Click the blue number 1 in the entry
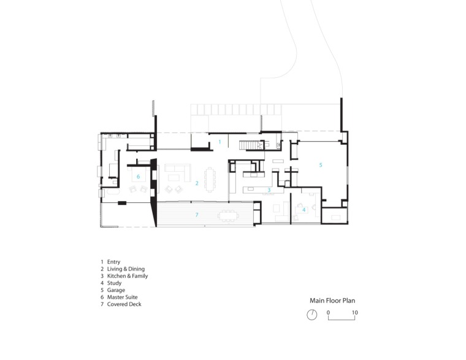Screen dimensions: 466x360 coord(220,142)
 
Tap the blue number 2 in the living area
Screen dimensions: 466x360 coord(197,183)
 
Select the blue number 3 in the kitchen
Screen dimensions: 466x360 coord(269,190)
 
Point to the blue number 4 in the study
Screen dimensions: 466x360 coord(304,210)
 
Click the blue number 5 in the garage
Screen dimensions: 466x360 coord(320,165)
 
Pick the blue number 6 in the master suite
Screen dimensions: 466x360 coord(138,177)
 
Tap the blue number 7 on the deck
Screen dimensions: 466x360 coord(197,215)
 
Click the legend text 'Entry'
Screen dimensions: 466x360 coord(113,262)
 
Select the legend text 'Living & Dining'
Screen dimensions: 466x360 coord(126,269)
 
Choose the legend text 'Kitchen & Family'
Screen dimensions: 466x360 coord(128,276)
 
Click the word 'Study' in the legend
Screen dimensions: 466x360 coord(114,283)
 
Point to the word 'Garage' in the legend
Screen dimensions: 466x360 coord(116,290)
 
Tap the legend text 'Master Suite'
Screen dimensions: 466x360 coord(122,297)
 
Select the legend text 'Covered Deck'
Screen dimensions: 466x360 coord(124,304)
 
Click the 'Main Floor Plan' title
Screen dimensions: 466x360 coord(332,301)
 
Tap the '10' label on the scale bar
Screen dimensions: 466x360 coord(355,313)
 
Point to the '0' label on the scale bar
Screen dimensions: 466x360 coord(328,313)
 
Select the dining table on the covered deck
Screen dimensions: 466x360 coord(228,216)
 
